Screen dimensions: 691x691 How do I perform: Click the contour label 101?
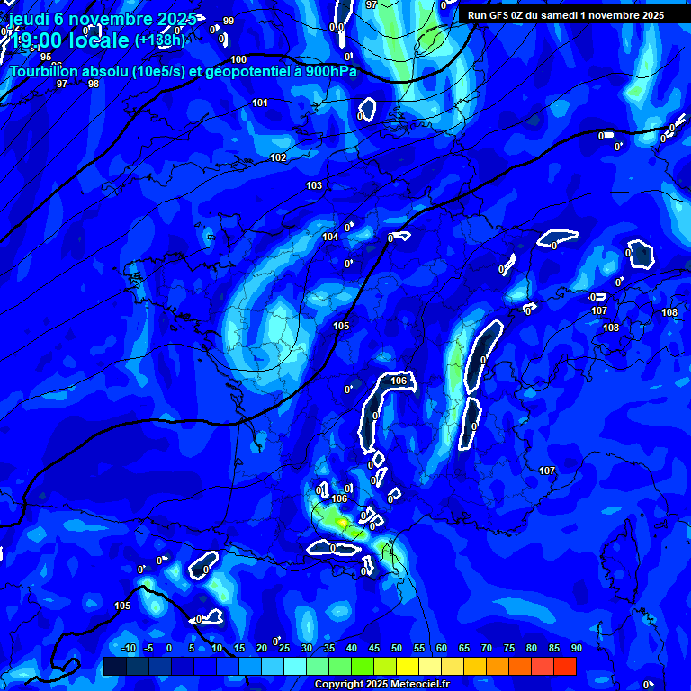coord(260,103)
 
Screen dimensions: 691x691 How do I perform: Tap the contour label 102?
coord(279,157)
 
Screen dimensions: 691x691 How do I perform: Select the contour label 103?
coord(314,185)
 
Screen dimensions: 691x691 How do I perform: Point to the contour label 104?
coord(330,237)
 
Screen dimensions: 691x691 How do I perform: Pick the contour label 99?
coord(229,21)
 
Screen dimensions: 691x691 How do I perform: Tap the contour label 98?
coord(94,84)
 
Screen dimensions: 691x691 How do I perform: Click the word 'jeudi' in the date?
coord(29,19)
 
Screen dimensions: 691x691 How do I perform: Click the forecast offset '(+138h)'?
coord(159,40)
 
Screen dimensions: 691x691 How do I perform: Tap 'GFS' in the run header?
coord(503,15)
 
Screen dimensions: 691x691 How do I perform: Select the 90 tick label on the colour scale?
coord(576,648)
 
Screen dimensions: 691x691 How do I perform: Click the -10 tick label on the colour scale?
coord(127,648)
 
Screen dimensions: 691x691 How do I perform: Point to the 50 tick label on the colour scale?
coord(397,648)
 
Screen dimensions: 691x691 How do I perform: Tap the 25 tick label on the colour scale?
coord(284,648)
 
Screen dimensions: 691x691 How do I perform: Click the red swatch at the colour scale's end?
coord(564,666)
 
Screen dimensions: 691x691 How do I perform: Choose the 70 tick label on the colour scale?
coord(487,648)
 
